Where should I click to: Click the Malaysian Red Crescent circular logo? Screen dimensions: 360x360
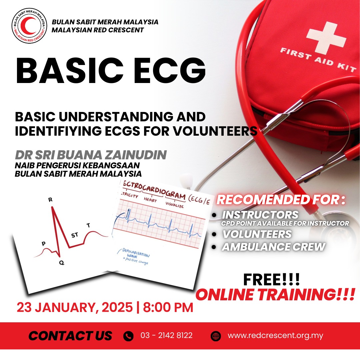tap(29, 26)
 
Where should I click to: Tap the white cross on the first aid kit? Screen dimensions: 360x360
tap(326, 38)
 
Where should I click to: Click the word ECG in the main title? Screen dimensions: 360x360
tap(169, 70)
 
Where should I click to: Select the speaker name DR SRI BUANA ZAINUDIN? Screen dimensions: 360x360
tap(91, 155)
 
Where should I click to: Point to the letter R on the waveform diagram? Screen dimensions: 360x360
tap(50, 200)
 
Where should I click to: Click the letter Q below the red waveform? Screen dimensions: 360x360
tap(62, 263)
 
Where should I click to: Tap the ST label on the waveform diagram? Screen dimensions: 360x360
tap(75, 235)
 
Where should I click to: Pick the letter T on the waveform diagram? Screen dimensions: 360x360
tap(88, 225)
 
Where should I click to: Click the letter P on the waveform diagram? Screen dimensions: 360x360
tap(44, 244)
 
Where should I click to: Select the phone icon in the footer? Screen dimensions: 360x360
tap(128, 336)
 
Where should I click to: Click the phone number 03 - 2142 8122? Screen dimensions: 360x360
tap(166, 335)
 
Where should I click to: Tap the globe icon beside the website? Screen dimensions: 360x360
tap(216, 336)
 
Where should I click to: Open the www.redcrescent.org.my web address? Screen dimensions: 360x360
tap(275, 336)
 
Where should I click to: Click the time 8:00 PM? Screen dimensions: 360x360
tap(168, 307)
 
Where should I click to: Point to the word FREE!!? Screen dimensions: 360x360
tap(271, 280)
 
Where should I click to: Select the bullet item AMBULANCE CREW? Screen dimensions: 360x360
tap(273, 247)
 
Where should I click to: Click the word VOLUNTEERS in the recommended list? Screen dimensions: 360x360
tap(257, 234)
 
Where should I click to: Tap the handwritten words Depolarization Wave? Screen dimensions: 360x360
tap(135, 254)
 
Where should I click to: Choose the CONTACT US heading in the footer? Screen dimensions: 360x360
tap(70, 336)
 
